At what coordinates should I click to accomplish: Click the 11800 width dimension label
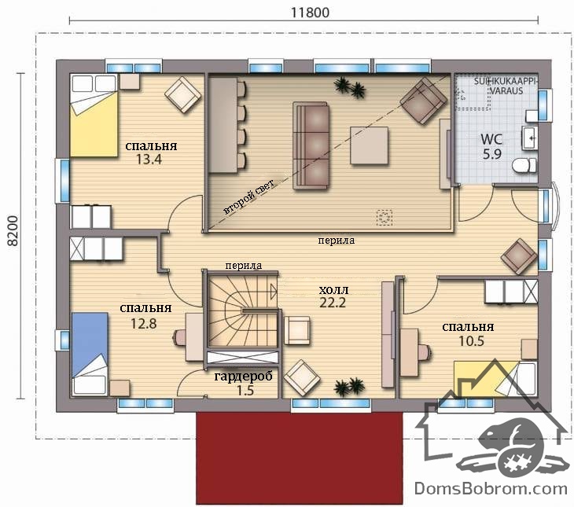(x=310, y=13)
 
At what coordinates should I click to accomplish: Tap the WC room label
(x=491, y=139)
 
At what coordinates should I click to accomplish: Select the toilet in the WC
(x=524, y=166)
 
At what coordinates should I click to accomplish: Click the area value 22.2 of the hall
(x=333, y=303)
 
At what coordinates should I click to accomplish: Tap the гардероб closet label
(x=243, y=377)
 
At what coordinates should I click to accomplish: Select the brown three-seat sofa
(x=311, y=145)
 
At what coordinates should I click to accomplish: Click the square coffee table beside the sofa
(x=369, y=145)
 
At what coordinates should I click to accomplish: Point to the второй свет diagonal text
(x=249, y=196)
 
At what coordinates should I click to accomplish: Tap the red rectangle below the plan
(x=300, y=458)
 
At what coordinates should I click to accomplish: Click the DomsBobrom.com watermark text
(x=491, y=489)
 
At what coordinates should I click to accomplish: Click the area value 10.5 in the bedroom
(x=471, y=341)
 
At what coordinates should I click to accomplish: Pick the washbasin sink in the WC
(x=529, y=138)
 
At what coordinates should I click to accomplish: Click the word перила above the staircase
(x=244, y=266)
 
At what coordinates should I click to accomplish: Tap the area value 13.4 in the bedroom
(x=149, y=160)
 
